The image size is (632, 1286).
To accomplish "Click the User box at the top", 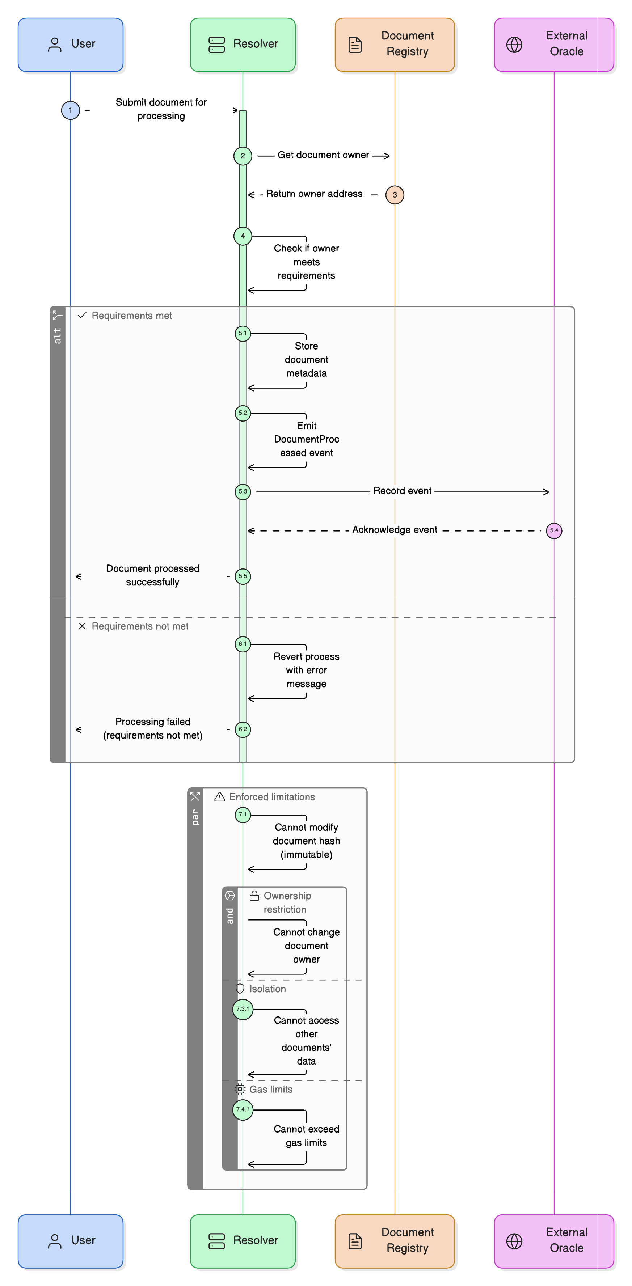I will tap(70, 45).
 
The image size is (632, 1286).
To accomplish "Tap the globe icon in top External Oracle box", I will tap(514, 45).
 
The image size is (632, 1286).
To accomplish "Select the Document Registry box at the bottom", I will tap(395, 1240).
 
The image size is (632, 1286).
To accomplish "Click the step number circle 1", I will tap(70, 110).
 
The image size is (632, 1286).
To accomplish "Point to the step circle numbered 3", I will tap(395, 195).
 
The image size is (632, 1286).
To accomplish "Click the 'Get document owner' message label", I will tap(323, 155).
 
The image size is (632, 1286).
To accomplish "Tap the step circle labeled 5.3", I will tap(243, 492).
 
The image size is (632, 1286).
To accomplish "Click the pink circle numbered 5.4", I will tap(553, 531).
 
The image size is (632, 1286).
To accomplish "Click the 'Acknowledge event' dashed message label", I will tap(395, 530).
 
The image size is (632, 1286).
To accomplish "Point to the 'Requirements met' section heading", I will tap(132, 316).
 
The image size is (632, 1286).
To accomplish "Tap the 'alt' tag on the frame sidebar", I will tap(58, 335).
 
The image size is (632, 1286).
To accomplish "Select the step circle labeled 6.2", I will tap(243, 729).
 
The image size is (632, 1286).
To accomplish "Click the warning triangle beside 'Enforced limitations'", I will tap(219, 797).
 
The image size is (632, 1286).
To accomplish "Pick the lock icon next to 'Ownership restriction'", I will tap(254, 896).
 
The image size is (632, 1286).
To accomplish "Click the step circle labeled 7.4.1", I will tap(243, 1110).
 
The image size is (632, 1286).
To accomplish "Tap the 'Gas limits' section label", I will tap(270, 1089).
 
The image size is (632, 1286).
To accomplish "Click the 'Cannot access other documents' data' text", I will tap(306, 1040).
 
